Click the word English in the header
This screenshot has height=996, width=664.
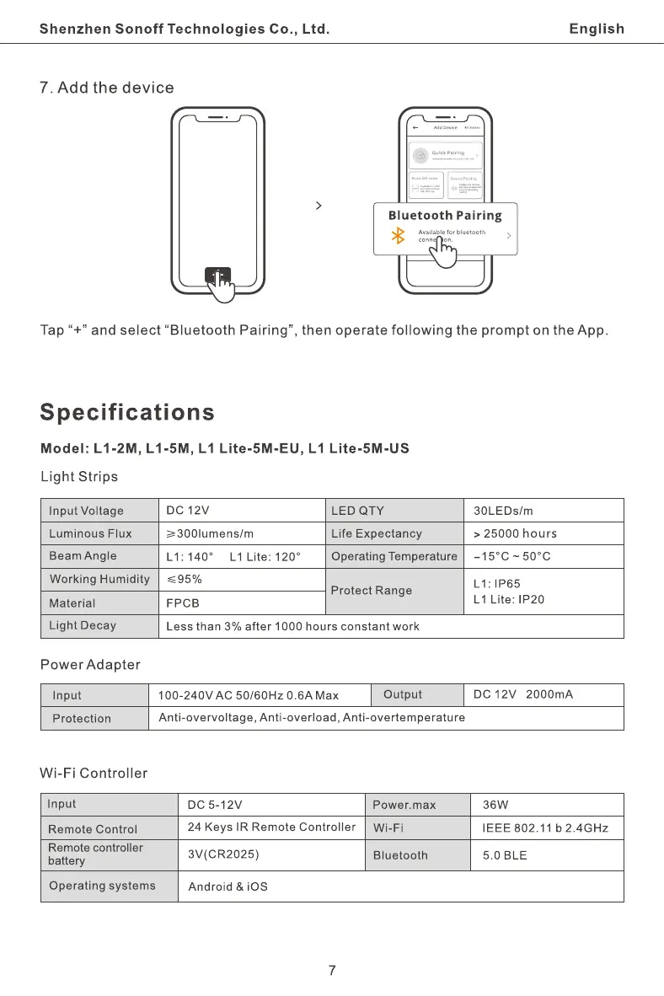pyautogui.click(x=597, y=29)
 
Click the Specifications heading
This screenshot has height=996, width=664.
pyautogui.click(x=127, y=413)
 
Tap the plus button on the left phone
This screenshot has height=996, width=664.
pyautogui.click(x=217, y=276)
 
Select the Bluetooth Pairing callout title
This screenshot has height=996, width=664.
pyautogui.click(x=444, y=216)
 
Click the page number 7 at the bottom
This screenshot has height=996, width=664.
pyautogui.click(x=332, y=970)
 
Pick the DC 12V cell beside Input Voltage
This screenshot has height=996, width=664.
pyautogui.click(x=188, y=510)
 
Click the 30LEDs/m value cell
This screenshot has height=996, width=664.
pyautogui.click(x=503, y=511)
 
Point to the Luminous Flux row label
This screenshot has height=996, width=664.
pyautogui.click(x=90, y=533)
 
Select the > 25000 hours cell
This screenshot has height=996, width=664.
pyautogui.click(x=515, y=533)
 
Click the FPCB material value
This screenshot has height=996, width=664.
pyautogui.click(x=183, y=603)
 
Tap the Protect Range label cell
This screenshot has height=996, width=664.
pyautogui.click(x=372, y=591)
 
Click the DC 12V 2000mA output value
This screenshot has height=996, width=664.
pyautogui.click(x=522, y=694)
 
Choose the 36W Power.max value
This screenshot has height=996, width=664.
pyautogui.click(x=496, y=805)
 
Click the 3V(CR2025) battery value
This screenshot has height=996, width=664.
pyautogui.click(x=222, y=854)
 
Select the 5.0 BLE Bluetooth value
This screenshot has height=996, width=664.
pyautogui.click(x=504, y=855)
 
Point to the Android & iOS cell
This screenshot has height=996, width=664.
pyautogui.click(x=228, y=886)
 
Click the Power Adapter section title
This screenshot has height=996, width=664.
pyautogui.click(x=90, y=665)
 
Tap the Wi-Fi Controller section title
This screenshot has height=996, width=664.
pyautogui.click(x=94, y=773)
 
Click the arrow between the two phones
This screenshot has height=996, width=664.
pyautogui.click(x=318, y=206)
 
